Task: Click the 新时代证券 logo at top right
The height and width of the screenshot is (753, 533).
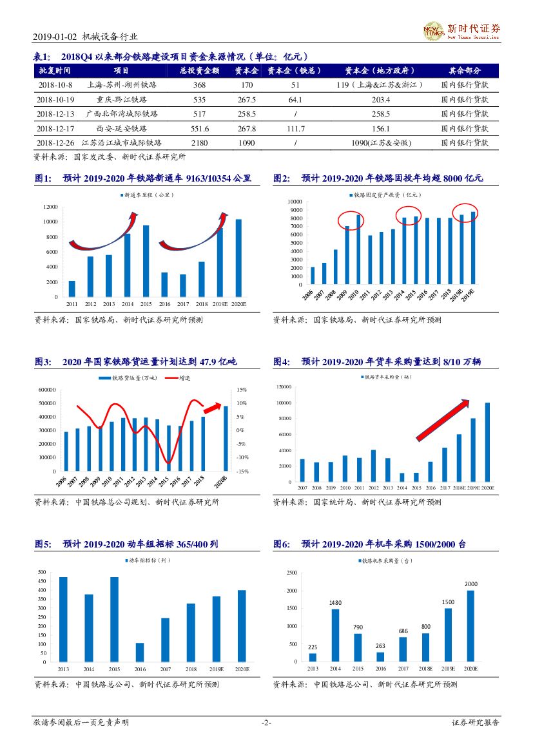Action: pyautogui.click(x=461, y=30)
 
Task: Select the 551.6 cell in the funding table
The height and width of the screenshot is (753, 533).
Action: pyautogui.click(x=199, y=129)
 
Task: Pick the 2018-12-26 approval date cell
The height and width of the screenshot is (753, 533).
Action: pyautogui.click(x=55, y=143)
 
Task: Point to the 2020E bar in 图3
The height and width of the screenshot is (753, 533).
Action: pyautogui.click(x=226, y=438)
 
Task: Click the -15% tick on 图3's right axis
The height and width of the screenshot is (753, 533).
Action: pyautogui.click(x=242, y=472)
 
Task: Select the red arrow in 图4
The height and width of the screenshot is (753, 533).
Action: pyautogui.click(x=442, y=420)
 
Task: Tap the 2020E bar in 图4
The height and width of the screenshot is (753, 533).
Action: pyautogui.click(x=487, y=443)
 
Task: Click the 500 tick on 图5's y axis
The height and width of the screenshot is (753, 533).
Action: pyautogui.click(x=42, y=572)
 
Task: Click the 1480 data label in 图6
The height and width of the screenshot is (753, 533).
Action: pyautogui.click(x=335, y=603)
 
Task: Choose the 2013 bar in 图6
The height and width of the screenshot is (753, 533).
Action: pyautogui.click(x=313, y=657)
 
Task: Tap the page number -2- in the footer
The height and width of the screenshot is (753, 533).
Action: pyautogui.click(x=266, y=723)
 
